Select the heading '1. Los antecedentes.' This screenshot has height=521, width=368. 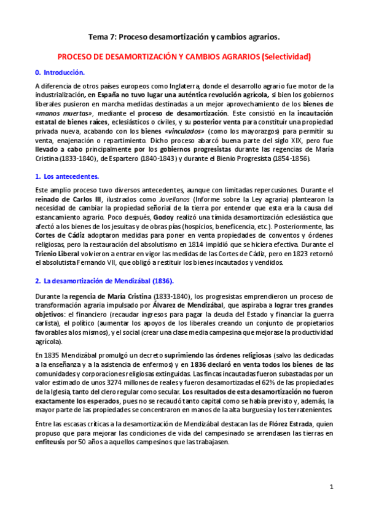pos(67,176)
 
